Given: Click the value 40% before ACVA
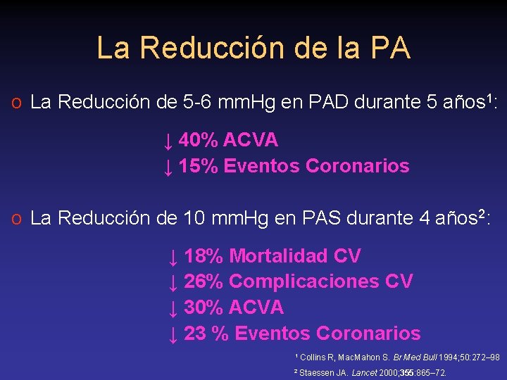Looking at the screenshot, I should pyautogui.click(x=198, y=140).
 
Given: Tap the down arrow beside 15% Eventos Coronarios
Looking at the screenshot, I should pyautogui.click(x=168, y=167).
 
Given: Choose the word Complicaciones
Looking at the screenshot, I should pyautogui.click(x=305, y=281).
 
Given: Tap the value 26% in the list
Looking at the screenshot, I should pyautogui.click(x=203, y=281).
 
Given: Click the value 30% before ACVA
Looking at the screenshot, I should pyautogui.click(x=203, y=308).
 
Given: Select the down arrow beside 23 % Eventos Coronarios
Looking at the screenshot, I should pyautogui.click(x=173, y=335).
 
